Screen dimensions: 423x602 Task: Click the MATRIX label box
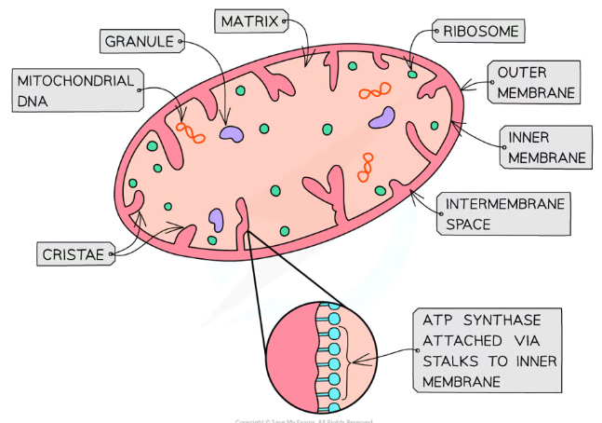coord(248,21)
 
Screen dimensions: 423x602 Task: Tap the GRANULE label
coord(140,41)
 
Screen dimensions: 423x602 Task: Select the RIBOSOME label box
coord(480,32)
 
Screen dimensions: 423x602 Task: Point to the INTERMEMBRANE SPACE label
coord(503,213)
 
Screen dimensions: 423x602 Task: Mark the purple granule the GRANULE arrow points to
coord(231,134)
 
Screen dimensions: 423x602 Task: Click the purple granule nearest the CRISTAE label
coord(216,219)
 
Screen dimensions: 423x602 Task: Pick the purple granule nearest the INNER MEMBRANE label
coord(381,117)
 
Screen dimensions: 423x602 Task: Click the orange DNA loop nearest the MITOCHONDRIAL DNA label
coord(191,132)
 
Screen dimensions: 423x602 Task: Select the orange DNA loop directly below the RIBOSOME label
coord(374,91)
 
